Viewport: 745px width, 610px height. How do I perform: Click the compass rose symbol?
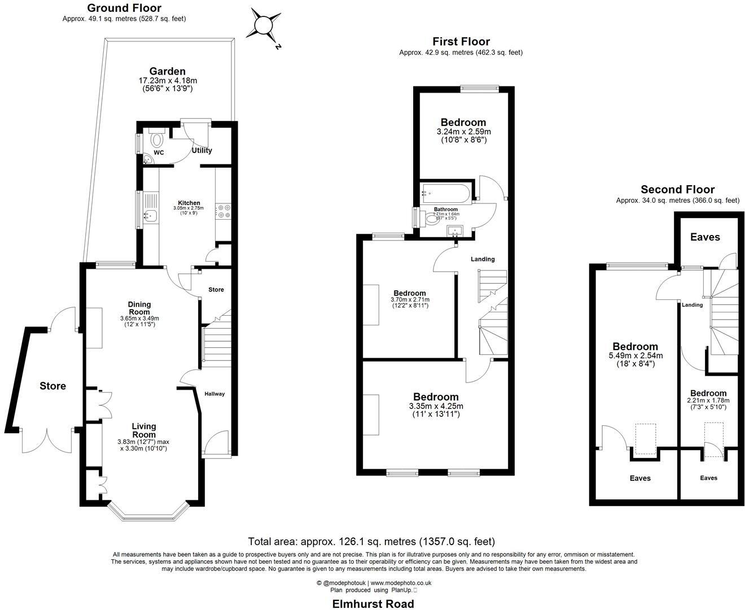click(263, 25)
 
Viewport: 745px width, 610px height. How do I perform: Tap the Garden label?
click(167, 71)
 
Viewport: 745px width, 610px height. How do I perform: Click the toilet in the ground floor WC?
click(156, 138)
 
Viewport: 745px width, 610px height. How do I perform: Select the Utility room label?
click(201, 150)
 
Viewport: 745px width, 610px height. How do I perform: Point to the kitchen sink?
click(150, 215)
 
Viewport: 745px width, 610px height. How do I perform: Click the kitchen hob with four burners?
click(224, 211)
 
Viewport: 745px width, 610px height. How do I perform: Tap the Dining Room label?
click(139, 308)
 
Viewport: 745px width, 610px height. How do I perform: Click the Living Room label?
click(144, 430)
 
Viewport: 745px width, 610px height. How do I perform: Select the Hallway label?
click(214, 394)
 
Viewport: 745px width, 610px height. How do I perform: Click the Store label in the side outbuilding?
click(52, 386)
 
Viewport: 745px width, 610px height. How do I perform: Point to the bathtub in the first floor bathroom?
click(446, 193)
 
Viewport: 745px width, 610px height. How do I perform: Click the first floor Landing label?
click(483, 259)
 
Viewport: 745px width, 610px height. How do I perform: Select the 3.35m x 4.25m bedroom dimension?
click(436, 406)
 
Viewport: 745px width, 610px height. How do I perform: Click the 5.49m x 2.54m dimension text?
click(635, 356)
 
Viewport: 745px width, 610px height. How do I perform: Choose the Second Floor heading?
click(677, 189)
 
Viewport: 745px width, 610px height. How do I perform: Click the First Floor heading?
click(461, 41)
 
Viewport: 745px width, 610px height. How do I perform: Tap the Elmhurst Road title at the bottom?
click(373, 603)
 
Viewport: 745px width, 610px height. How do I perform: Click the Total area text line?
click(371, 542)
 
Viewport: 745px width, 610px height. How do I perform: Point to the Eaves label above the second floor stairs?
click(705, 237)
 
